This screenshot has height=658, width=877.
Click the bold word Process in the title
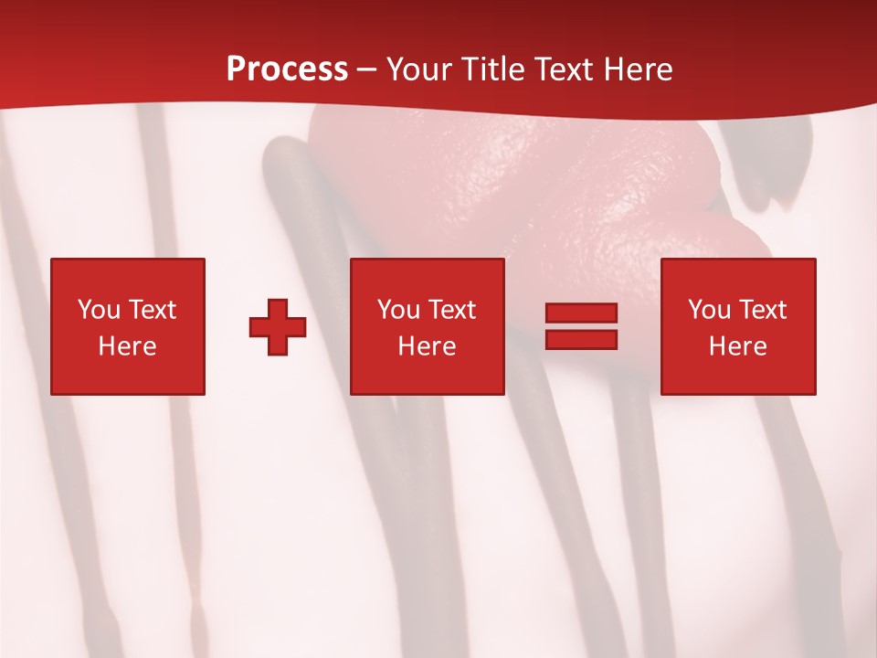(287, 69)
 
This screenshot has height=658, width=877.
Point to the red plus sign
(278, 326)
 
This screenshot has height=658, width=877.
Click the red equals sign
(581, 326)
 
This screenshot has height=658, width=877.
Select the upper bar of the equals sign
(581, 313)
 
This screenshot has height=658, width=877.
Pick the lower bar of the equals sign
(581, 339)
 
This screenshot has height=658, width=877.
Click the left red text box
(128, 326)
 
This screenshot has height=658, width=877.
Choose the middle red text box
(428, 326)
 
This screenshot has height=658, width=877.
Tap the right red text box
(738, 326)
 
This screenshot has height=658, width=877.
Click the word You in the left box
(99, 310)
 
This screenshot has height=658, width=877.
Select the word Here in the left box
(128, 346)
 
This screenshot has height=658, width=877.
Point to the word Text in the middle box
(451, 310)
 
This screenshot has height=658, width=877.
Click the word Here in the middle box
(428, 346)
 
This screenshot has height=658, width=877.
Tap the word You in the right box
(709, 310)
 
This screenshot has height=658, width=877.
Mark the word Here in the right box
(738, 346)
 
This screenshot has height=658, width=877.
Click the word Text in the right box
(762, 310)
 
